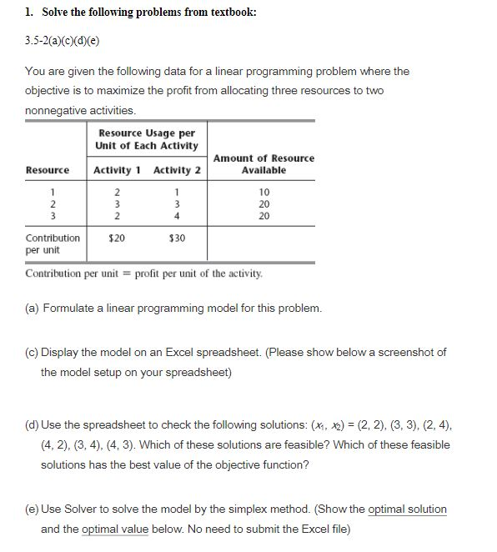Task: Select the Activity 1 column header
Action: [x=117, y=170]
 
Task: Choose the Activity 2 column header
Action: [x=178, y=170]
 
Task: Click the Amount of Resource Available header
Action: [x=264, y=163]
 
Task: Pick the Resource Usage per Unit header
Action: [x=148, y=139]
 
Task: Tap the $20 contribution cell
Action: [x=118, y=238]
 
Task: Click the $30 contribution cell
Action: [x=176, y=238]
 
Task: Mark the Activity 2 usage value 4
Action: [x=176, y=215]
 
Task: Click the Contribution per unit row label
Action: [x=52, y=243]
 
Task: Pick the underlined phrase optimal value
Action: [x=116, y=529]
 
